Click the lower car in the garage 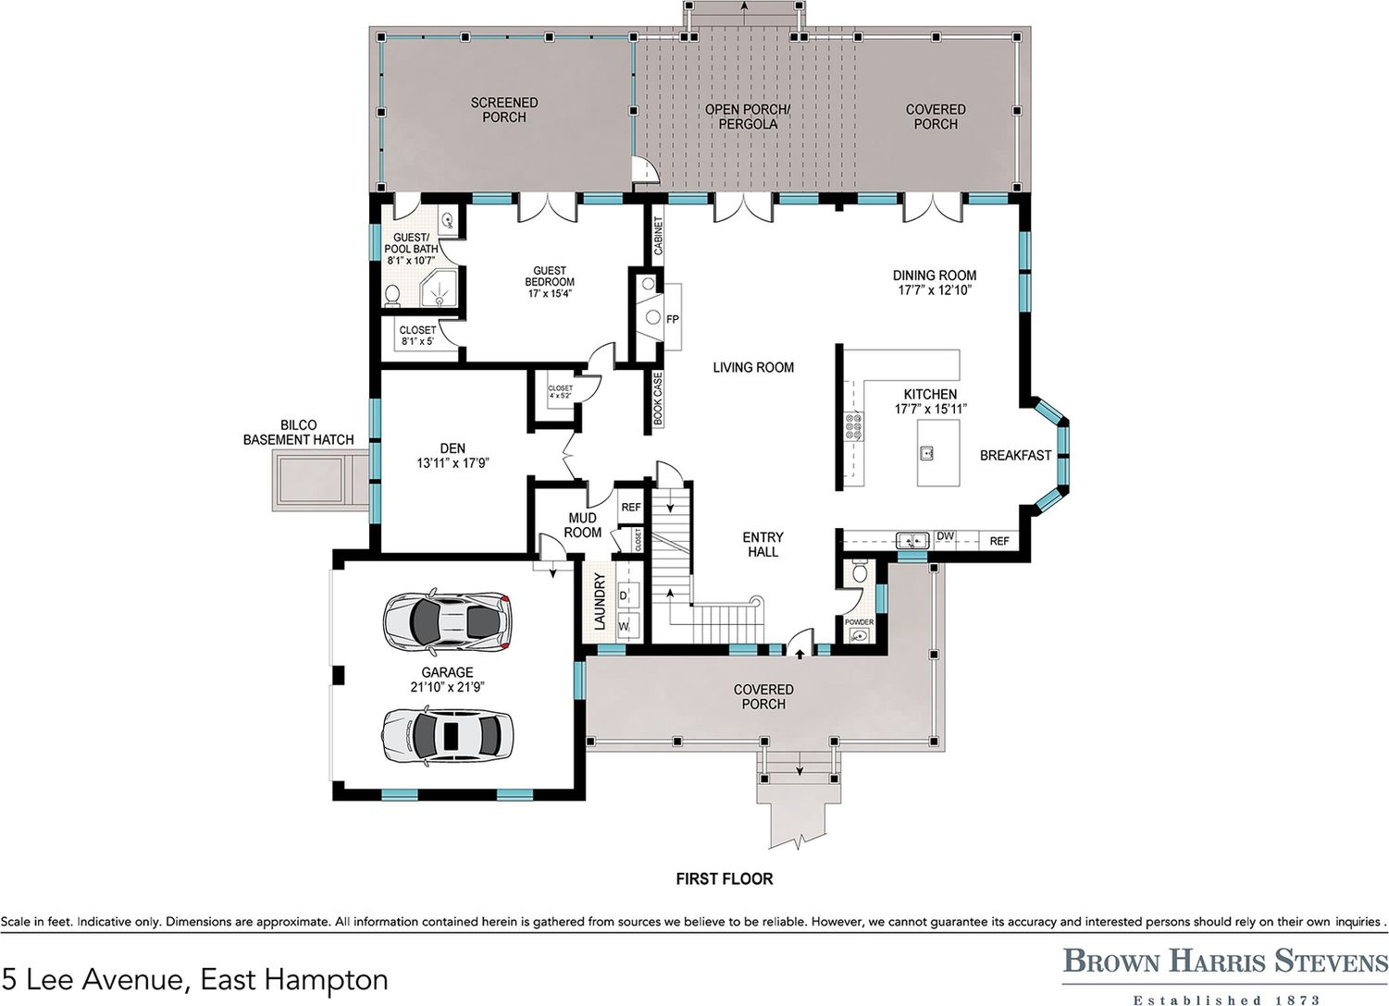(x=447, y=735)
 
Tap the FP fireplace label (x=672, y=320)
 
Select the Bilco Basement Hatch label (x=298, y=433)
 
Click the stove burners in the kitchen (x=853, y=427)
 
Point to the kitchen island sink (x=927, y=453)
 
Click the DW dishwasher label (x=945, y=536)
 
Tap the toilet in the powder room (x=860, y=570)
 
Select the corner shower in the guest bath (x=439, y=288)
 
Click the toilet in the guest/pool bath (x=392, y=296)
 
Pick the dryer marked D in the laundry (x=627, y=595)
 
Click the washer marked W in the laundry (x=627, y=627)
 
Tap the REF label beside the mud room (x=630, y=508)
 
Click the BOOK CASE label (x=658, y=399)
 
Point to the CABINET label (x=658, y=236)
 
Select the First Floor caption (x=725, y=878)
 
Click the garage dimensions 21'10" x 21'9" (x=447, y=687)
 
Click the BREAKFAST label (x=1016, y=455)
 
